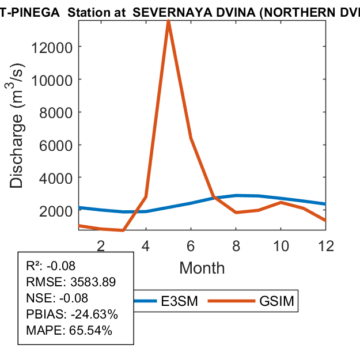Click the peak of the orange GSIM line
coord(168,22)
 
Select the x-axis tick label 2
coord(101,246)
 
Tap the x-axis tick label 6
coord(191,246)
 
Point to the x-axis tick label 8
coord(236,246)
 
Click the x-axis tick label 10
coord(281,246)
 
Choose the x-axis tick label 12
coord(325,246)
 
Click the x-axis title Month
coord(202,268)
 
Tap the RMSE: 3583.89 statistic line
coord(71,282)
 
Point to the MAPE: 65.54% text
coord(69,331)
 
